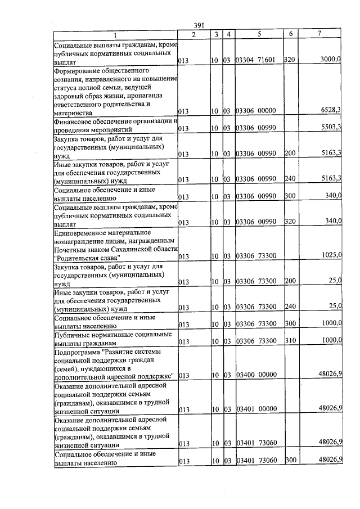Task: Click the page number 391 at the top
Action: pyautogui.click(x=198, y=25)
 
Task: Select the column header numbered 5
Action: pyautogui.click(x=259, y=34)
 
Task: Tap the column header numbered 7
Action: pyautogui.click(x=319, y=34)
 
